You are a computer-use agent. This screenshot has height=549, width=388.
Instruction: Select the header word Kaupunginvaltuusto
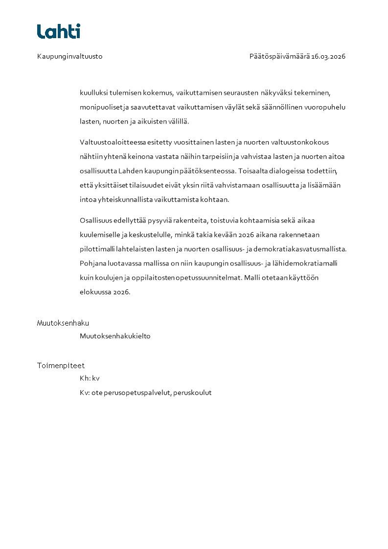[x=69, y=56]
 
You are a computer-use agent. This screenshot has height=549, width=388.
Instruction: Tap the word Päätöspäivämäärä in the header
[x=279, y=56]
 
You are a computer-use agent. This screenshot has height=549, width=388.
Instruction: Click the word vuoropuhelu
[x=327, y=107]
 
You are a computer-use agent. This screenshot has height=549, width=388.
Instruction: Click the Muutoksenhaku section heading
[x=63, y=323]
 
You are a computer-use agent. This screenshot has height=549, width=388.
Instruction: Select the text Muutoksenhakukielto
[x=115, y=336]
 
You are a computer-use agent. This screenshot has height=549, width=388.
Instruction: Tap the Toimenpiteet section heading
[x=61, y=366]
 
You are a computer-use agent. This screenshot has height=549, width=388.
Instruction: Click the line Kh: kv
[x=90, y=378]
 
